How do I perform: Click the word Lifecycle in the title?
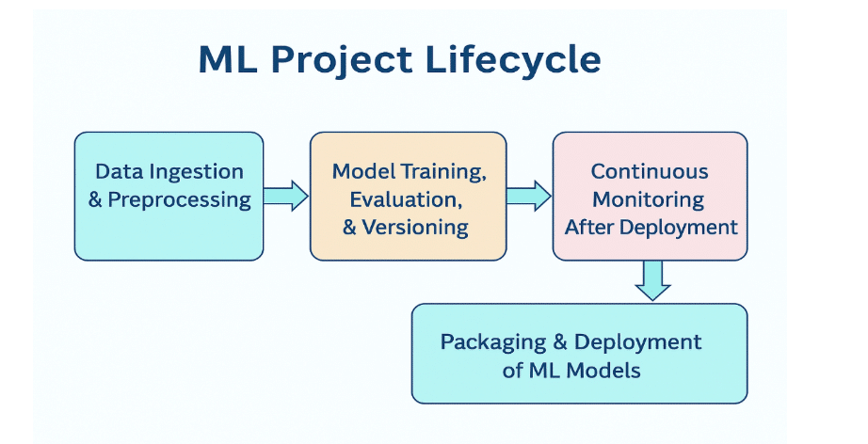[513, 59]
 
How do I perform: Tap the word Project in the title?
[342, 59]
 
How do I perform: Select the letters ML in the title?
[228, 59]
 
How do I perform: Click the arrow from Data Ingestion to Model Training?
[285, 196]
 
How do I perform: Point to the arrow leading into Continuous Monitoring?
[529, 196]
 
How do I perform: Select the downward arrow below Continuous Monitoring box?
[652, 280]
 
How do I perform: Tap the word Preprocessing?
[180, 200]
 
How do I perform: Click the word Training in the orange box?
[444, 172]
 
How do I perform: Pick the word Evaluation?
[406, 199]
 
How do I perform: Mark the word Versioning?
[415, 228]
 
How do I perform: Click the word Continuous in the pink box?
[650, 171]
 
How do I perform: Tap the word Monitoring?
[649, 200]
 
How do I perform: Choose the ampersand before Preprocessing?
[95, 199]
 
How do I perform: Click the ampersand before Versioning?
[349, 228]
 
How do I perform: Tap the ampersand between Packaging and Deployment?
[560, 341]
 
